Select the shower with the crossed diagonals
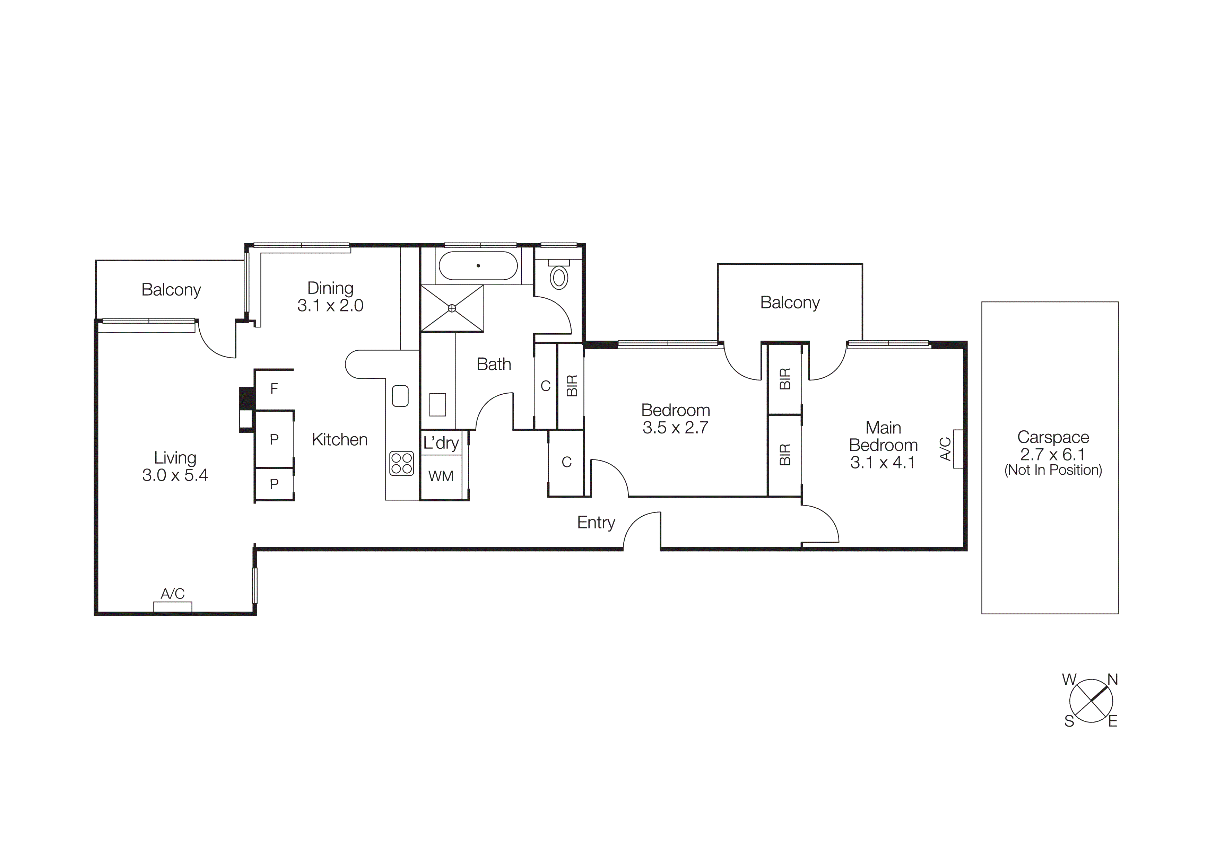pos(452,308)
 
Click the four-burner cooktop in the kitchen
pos(401,463)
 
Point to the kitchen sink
pos(400,396)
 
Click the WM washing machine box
pos(441,476)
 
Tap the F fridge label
pos(274,389)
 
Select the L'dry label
pos(441,443)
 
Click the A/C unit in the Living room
pos(173,606)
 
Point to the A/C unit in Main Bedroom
pos(957,449)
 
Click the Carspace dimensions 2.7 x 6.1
pos(1052,454)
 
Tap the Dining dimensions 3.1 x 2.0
pos(330,305)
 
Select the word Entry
pos(596,523)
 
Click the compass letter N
pos(1113,680)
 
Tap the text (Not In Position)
pos(1053,470)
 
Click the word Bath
pos(494,364)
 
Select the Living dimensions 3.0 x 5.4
pos(175,475)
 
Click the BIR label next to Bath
pos(572,386)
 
